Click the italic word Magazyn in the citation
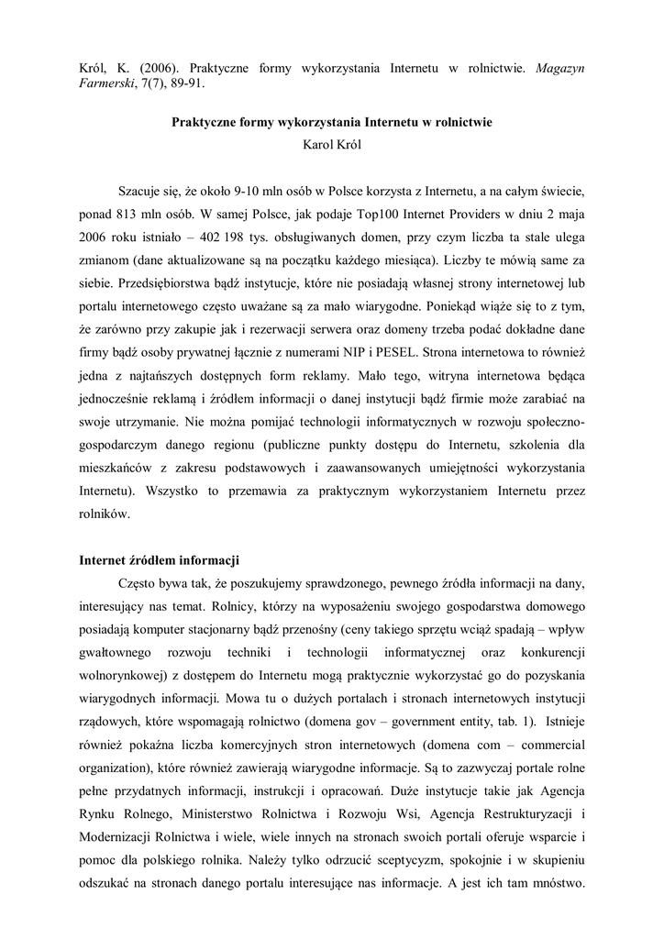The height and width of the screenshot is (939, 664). [x=559, y=69]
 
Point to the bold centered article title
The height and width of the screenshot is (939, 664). [x=332, y=121]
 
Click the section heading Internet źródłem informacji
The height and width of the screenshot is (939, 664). [x=160, y=558]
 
